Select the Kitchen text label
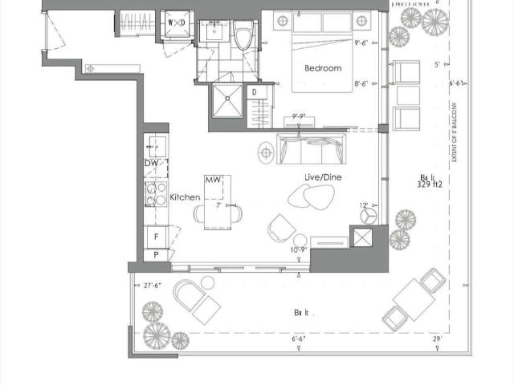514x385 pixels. (185, 197)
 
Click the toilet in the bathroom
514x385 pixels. (246, 34)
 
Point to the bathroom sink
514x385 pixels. (213, 32)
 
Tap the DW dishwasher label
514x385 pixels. (152, 164)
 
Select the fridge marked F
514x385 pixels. (156, 237)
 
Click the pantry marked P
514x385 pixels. (156, 254)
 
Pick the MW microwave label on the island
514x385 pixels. (213, 180)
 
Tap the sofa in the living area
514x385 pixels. (312, 148)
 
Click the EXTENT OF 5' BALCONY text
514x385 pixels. (455, 132)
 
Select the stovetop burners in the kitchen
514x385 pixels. (152, 194)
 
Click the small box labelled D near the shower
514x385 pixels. (254, 94)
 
